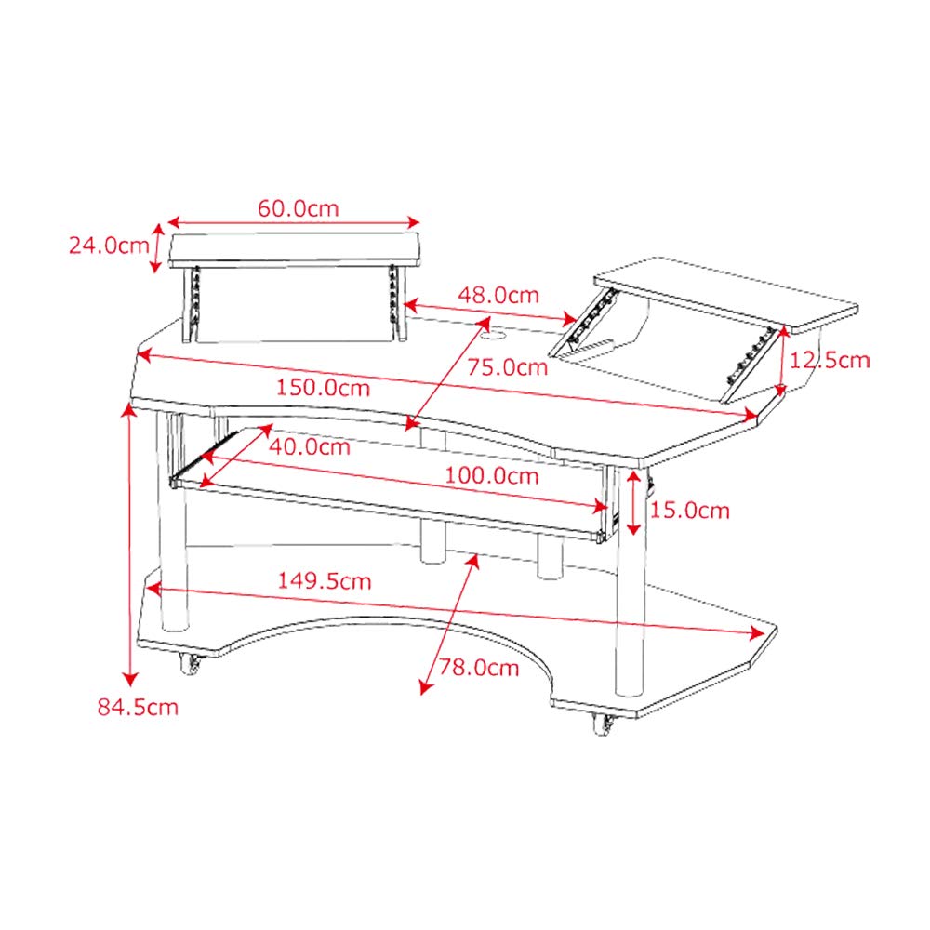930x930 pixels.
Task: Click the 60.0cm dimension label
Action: (x=298, y=207)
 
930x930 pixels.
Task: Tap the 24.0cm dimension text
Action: (x=108, y=246)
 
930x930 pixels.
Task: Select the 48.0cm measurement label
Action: (x=498, y=295)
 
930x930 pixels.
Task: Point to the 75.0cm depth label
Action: (x=507, y=366)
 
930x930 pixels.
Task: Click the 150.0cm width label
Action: (x=321, y=387)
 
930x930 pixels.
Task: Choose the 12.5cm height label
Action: (x=829, y=360)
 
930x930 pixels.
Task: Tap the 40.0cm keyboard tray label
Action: (x=309, y=446)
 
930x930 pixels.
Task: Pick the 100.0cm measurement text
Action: (x=491, y=476)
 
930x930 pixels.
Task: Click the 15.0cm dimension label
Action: (x=689, y=510)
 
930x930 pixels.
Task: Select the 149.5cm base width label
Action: (x=324, y=581)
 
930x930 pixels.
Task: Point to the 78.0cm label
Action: (x=479, y=668)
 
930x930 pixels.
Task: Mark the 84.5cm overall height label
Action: (x=138, y=707)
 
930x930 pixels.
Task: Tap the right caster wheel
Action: (x=603, y=724)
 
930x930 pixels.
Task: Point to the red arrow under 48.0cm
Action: (x=493, y=314)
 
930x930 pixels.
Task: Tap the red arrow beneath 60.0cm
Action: (x=294, y=222)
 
